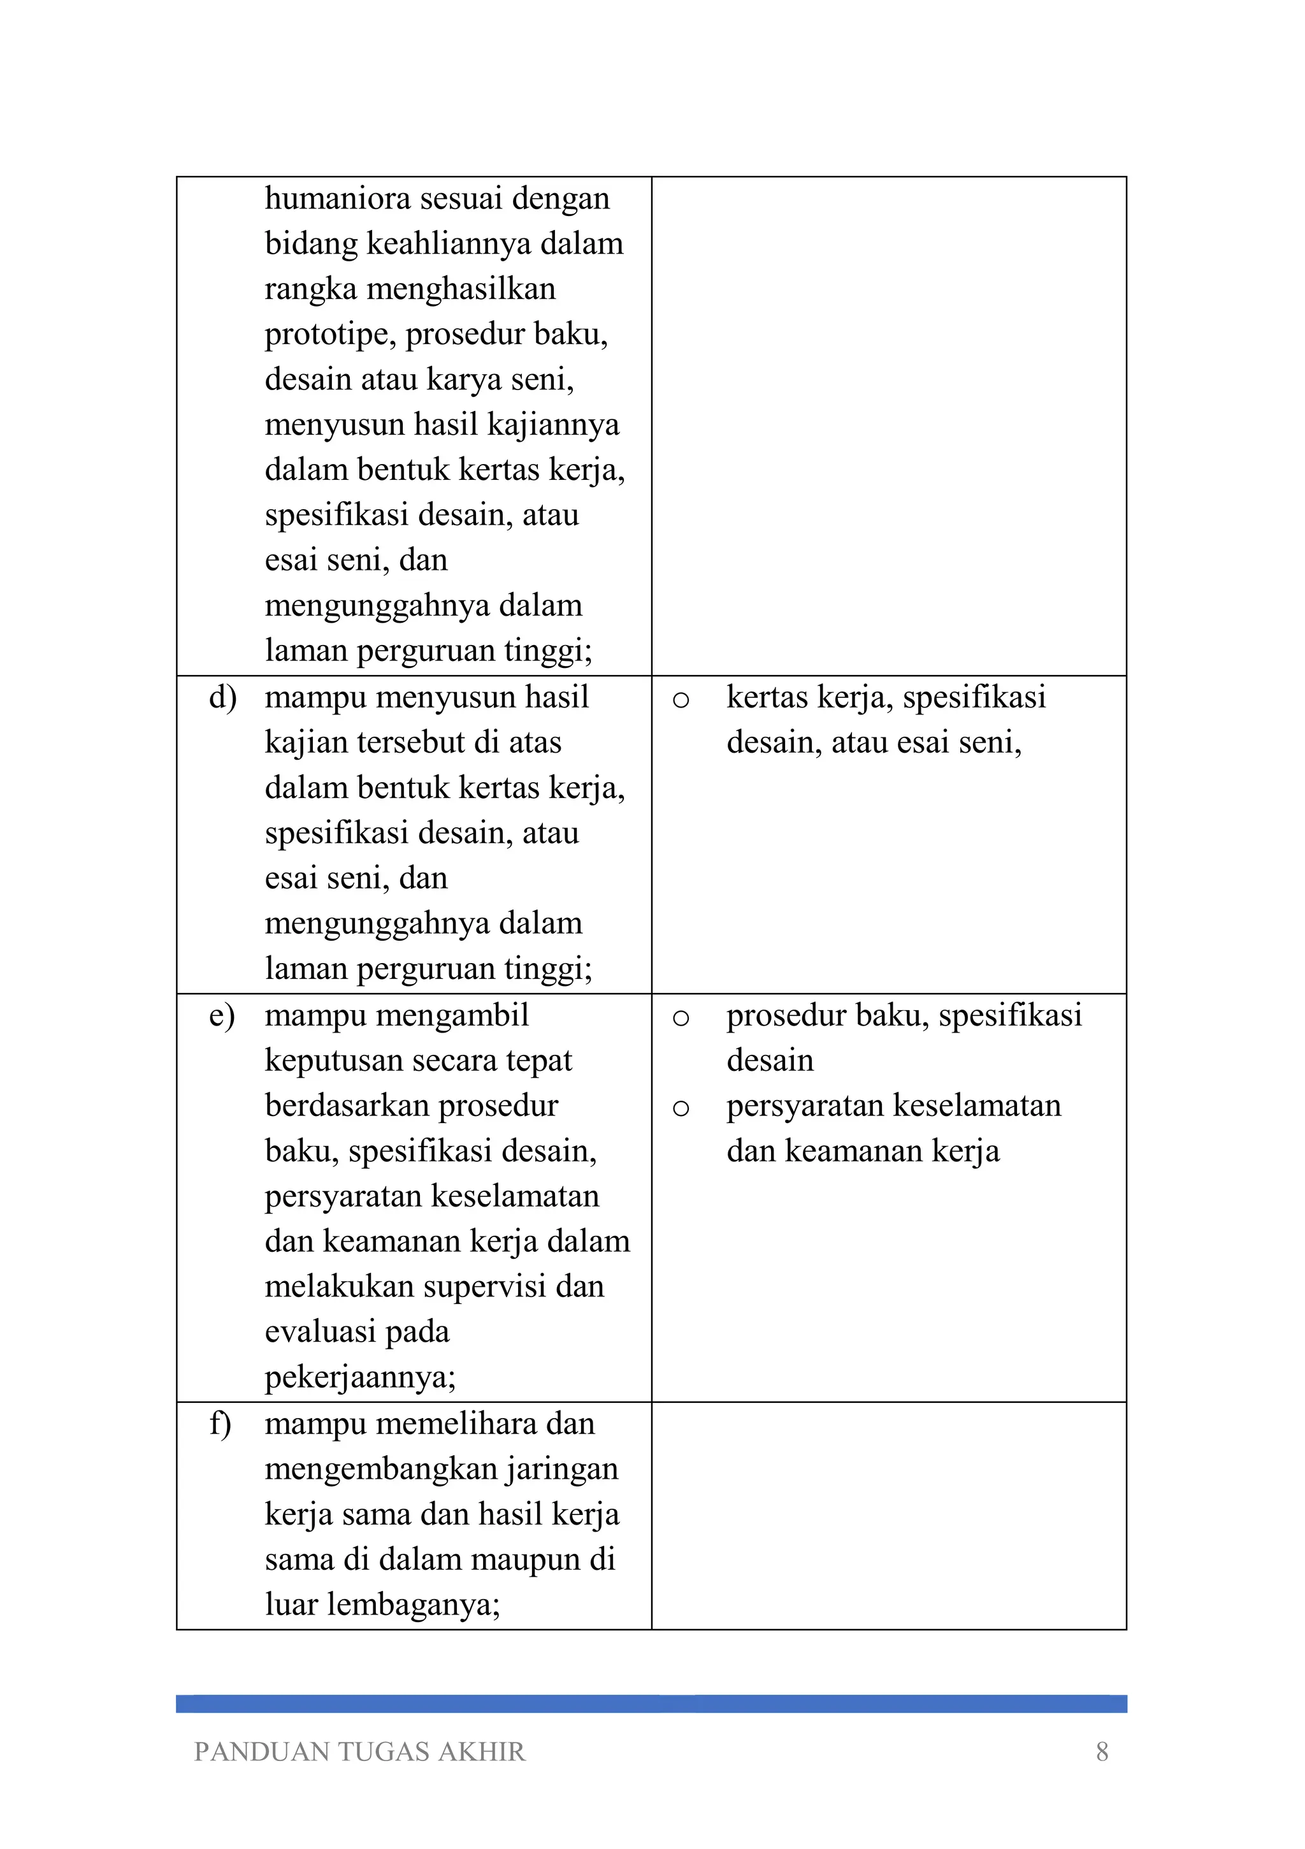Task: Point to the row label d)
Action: click(x=222, y=697)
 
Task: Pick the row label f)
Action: click(x=220, y=1424)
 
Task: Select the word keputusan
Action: click(x=335, y=1061)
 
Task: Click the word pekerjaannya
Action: click(x=360, y=1377)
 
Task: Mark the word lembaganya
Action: click(x=413, y=1604)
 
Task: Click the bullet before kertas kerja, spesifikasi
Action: click(x=681, y=700)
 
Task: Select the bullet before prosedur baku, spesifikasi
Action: click(x=681, y=1018)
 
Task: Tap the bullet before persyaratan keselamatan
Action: click(x=681, y=1108)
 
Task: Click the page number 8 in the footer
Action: click(x=1102, y=1751)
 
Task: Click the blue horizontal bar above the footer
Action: click(x=651, y=1703)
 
